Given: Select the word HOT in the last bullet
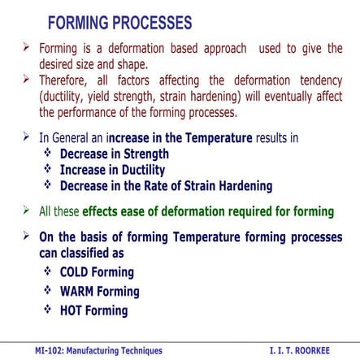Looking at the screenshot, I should [x=74, y=310].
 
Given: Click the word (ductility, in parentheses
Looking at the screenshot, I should [x=67, y=96].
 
